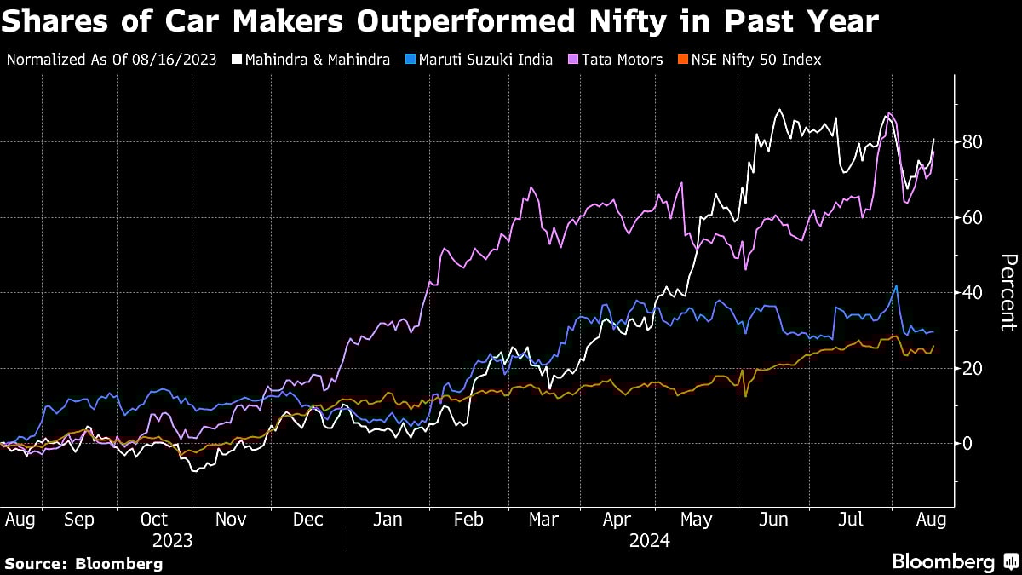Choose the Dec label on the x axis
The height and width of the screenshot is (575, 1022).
[308, 519]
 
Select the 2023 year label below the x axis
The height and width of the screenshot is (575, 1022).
[173, 540]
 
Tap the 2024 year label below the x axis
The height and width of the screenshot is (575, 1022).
[650, 540]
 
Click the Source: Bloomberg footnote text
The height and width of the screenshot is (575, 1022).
[83, 563]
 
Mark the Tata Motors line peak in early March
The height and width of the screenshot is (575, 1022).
[531, 187]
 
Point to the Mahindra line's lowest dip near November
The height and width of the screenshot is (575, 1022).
[194, 470]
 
